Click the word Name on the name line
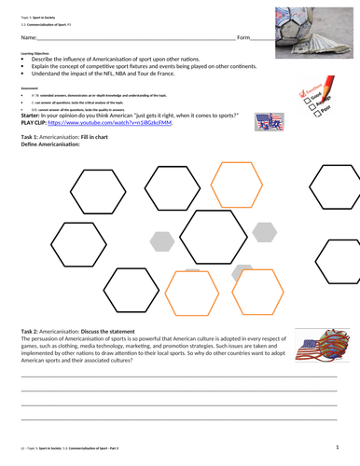point(31,37)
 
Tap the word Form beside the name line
point(244,37)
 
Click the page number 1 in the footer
point(335,448)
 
